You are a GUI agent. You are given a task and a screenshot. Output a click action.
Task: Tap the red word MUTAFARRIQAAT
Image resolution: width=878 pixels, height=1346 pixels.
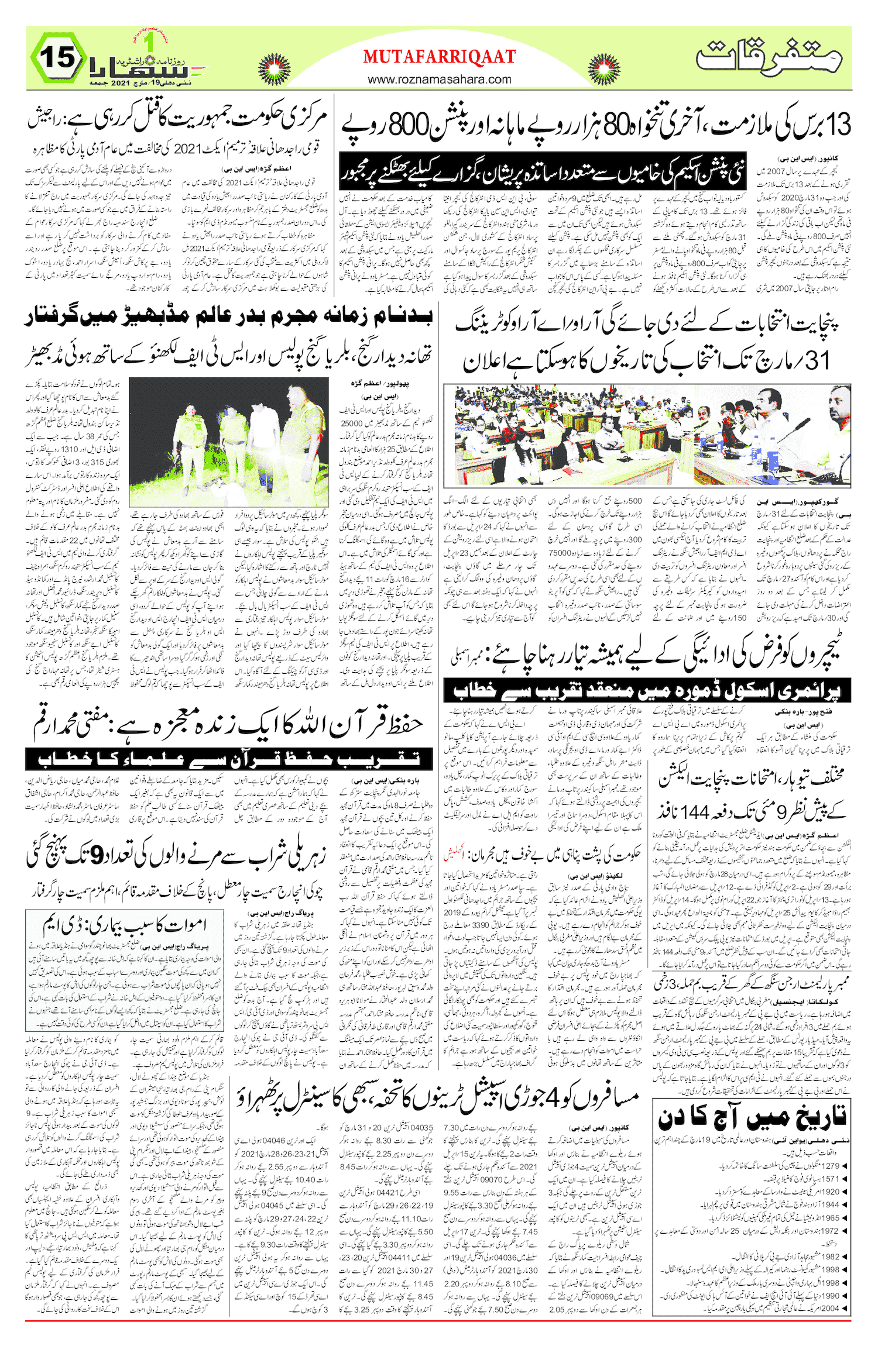point(440,57)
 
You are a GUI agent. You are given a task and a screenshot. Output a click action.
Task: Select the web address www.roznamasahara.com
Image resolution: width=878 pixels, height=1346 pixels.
point(440,79)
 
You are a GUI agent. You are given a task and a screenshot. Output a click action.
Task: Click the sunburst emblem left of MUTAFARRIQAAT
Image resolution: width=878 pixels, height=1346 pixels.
point(275,68)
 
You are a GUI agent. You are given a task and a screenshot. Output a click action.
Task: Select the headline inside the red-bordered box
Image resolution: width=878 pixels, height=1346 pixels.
point(125,925)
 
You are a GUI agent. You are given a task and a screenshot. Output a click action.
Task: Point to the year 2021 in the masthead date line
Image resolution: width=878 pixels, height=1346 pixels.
point(119,83)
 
